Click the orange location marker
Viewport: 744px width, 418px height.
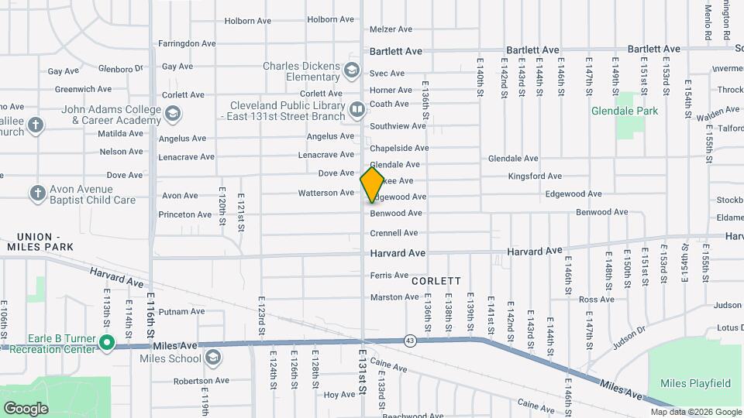(373, 184)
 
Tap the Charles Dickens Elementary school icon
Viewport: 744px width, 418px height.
(353, 71)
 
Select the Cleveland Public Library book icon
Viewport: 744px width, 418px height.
(356, 110)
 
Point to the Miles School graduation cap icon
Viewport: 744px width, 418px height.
(212, 358)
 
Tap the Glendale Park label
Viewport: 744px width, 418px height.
(625, 111)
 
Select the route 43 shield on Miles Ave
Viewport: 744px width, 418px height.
(408, 340)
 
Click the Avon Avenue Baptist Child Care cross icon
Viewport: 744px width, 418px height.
(37, 193)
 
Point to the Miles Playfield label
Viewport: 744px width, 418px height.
(695, 383)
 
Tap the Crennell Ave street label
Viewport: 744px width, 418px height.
(394, 233)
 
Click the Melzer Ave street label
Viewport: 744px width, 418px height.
(391, 29)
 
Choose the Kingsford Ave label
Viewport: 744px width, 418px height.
(535, 176)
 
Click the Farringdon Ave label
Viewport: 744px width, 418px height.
(186, 43)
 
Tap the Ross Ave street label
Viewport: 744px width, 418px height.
(596, 300)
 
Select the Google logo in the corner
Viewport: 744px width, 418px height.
(26, 408)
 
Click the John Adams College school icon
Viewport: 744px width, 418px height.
(171, 115)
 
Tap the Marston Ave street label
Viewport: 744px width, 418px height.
(394, 297)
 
